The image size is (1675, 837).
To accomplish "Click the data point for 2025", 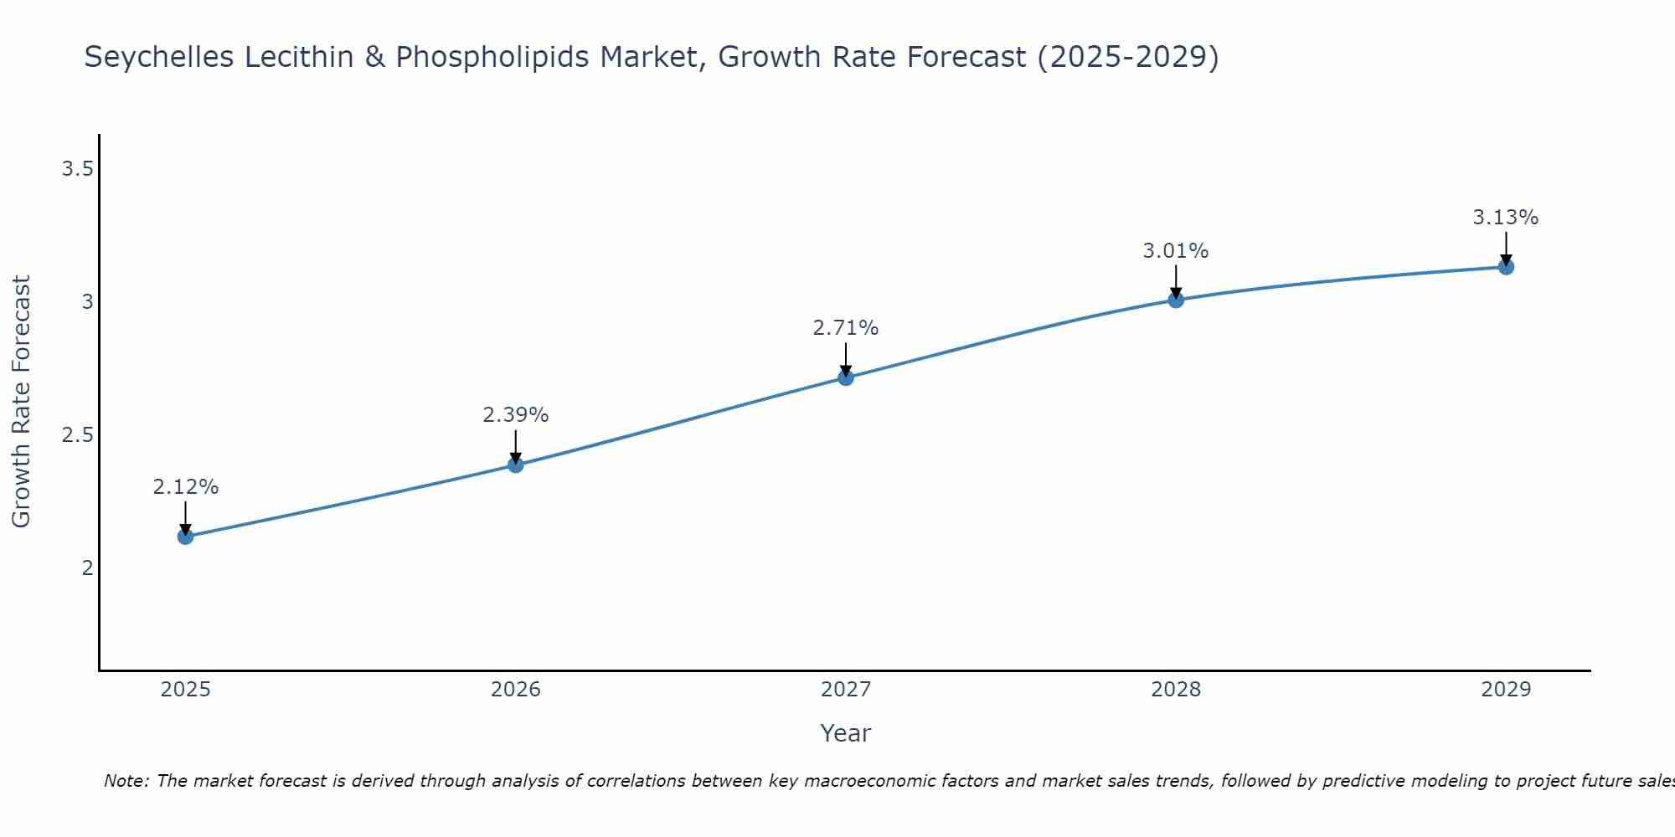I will pos(186,537).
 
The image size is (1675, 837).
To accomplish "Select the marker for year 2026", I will pos(516,465).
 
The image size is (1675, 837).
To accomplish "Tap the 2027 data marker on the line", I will pos(846,377).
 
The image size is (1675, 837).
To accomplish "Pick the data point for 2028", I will pos(1176,300).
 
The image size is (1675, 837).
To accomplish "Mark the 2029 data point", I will pos(1506,267).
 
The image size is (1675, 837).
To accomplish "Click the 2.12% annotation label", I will pos(186,487).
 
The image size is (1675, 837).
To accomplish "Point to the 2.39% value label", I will pos(516,415).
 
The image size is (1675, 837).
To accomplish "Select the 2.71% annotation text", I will pos(846,328).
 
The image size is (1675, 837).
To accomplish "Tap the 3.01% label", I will pos(1176,251).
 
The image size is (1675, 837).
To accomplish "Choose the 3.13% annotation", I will pos(1506,218).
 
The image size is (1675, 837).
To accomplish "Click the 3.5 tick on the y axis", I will pos(77,170).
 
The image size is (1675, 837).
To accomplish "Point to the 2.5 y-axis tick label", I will pos(77,435).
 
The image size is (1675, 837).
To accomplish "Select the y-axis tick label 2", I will pos(87,567).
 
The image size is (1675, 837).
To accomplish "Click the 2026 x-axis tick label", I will pos(516,690).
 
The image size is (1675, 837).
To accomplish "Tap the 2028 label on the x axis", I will pos(1176,690).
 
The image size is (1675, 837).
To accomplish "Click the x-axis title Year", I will pos(846,733).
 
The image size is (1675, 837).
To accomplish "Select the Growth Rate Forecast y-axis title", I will pos(22,402).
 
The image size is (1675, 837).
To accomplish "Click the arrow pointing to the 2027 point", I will pos(846,360).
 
